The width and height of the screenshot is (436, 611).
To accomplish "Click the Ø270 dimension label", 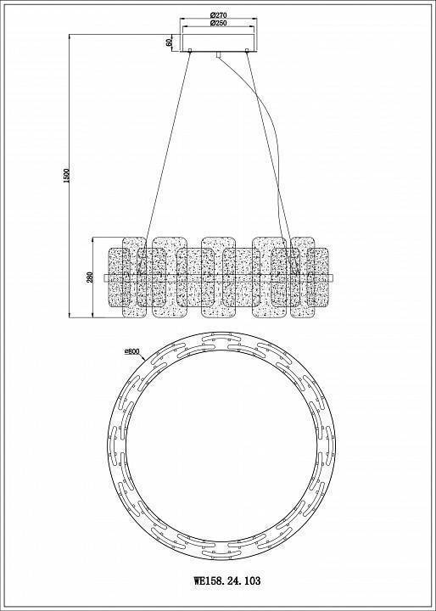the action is (218, 15).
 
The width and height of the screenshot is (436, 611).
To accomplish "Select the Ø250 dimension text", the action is (218, 23).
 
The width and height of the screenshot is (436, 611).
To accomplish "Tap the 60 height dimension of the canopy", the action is (169, 42).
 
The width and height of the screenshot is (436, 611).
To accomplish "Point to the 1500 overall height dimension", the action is (66, 177).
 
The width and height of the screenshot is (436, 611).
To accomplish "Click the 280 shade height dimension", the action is (90, 277).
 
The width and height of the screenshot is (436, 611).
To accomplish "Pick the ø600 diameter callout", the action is (132, 351).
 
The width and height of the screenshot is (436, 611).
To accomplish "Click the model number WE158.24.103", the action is (227, 581).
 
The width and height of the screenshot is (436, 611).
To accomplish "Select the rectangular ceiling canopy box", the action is (218, 42).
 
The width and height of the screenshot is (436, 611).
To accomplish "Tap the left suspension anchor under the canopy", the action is (190, 51).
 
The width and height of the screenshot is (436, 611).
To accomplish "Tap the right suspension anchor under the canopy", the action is (247, 51).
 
